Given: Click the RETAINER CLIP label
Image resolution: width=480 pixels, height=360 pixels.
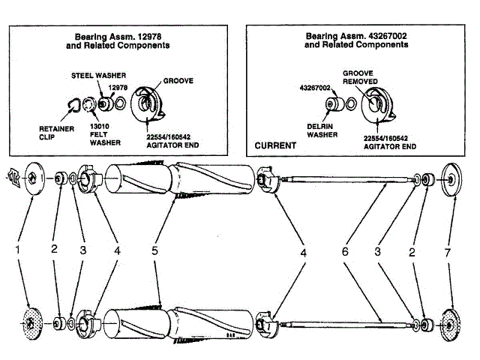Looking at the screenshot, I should [x=54, y=132].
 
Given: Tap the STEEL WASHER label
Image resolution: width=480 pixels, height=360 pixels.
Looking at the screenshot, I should [x=98, y=76].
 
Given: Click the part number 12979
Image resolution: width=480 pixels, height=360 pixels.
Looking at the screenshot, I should [x=117, y=87].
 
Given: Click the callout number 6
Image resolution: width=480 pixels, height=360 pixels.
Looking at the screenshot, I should [x=346, y=253].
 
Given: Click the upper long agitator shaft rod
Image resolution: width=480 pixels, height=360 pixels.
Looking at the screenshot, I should [x=345, y=179].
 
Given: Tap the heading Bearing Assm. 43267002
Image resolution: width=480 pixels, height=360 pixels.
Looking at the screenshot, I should [x=356, y=40].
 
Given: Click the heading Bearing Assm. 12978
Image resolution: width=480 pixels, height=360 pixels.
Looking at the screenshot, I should [x=121, y=40].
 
